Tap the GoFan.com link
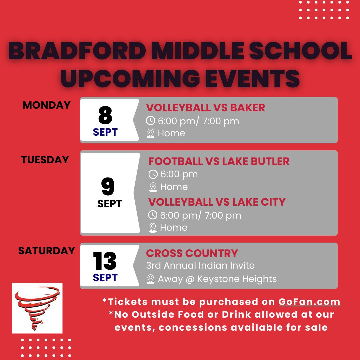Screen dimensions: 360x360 pos(309,302)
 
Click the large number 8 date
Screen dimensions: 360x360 pos(105,115)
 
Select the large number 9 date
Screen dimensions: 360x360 pos(108,186)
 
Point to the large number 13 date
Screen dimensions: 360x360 pos(105,261)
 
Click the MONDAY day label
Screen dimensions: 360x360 pos(47,105)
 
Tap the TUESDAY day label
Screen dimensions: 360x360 pos(45,160)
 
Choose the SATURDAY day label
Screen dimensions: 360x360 pos(47,251)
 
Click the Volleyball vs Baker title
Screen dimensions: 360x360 pos(205,108)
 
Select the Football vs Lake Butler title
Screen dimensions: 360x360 pos(219,161)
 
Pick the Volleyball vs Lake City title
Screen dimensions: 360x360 pos(217,202)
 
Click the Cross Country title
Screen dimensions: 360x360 pos(192,253)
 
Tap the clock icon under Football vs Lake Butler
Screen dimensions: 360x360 pos(153,174)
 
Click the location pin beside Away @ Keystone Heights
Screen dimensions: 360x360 pos(150,279)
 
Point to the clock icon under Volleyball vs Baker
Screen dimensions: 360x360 pos(151,121)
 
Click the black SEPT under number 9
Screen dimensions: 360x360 pos(110,204)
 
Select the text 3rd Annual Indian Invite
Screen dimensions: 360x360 pos(200,265)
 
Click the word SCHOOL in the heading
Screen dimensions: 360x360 pos(301,51)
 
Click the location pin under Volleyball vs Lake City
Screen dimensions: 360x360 pos(153,228)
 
